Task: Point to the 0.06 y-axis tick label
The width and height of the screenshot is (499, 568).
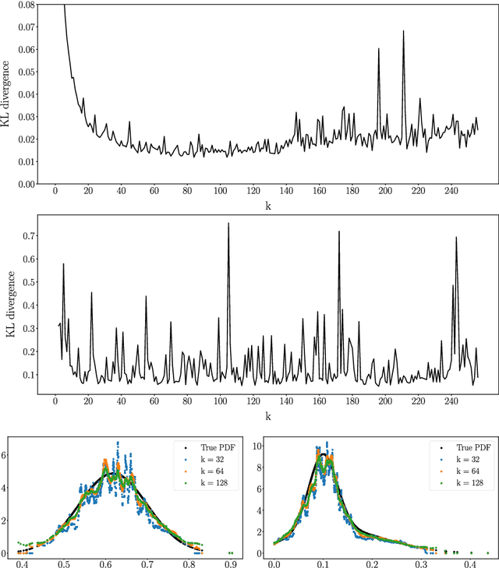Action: tap(27, 49)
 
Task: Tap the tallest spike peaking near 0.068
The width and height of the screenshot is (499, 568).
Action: tap(404, 32)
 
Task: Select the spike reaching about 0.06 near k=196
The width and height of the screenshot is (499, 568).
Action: tap(379, 49)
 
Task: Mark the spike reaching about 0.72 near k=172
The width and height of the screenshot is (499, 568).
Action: tap(339, 232)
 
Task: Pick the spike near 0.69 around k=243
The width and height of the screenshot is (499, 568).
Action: tap(456, 238)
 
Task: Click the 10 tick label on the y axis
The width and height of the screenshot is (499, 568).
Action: tap(258, 446)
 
